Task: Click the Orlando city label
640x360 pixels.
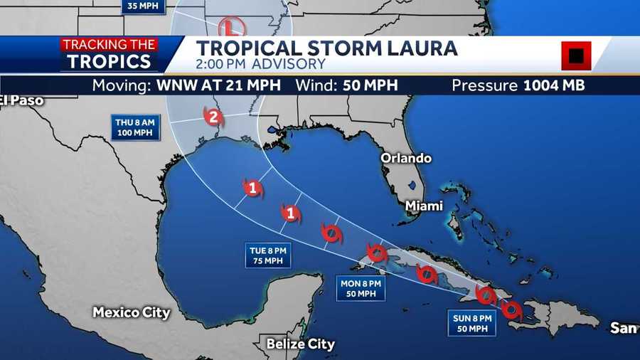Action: pyautogui.click(x=406, y=158)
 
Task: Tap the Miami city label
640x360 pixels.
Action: pyautogui.click(x=424, y=206)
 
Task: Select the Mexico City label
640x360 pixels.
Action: pyautogui.click(x=132, y=312)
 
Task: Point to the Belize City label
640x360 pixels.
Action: pyautogui.click(x=300, y=344)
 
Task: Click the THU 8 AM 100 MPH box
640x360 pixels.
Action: pyautogui.click(x=134, y=127)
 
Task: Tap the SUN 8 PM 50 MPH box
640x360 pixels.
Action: pyautogui.click(x=471, y=322)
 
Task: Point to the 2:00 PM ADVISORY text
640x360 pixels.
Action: pyautogui.click(x=261, y=65)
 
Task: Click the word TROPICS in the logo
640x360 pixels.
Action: pyautogui.click(x=110, y=61)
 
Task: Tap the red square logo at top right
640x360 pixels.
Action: pyautogui.click(x=576, y=55)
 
